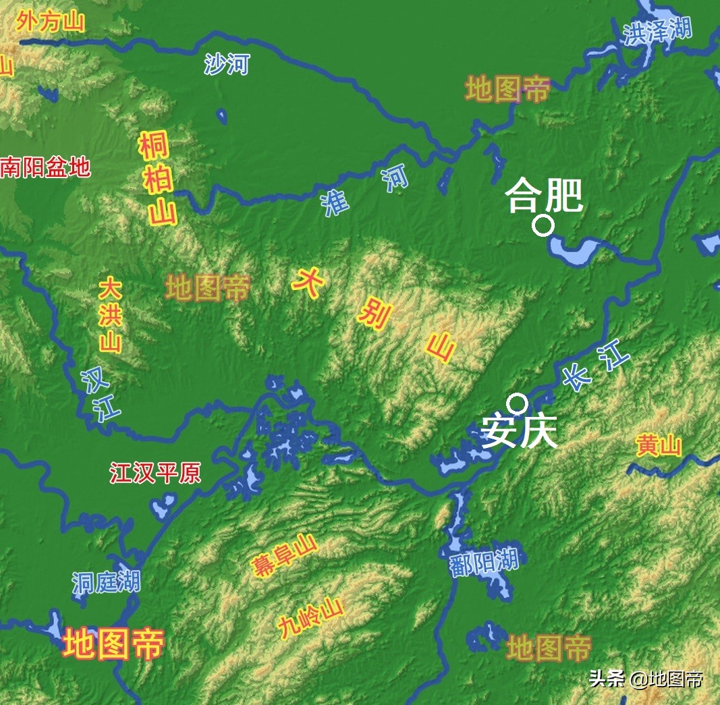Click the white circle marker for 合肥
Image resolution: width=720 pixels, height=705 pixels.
tap(543, 225)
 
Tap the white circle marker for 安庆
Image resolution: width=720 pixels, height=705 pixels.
tap(518, 403)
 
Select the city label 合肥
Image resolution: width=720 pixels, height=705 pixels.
tap(544, 195)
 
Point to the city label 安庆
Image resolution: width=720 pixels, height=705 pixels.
tap(520, 432)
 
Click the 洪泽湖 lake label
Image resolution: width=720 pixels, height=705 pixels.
tap(657, 32)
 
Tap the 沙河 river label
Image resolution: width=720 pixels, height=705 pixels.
tap(227, 65)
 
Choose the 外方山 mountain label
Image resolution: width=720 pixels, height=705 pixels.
tap(51, 22)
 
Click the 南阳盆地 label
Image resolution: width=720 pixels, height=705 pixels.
tap(45, 167)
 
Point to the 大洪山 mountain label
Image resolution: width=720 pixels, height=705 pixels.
tap(110, 314)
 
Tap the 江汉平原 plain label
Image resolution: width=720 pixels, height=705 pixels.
tap(155, 473)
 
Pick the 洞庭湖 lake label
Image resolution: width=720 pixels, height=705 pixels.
tap(106, 582)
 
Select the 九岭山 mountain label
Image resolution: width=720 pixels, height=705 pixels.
tap(311, 618)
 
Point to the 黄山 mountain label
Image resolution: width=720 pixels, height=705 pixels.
tap(659, 446)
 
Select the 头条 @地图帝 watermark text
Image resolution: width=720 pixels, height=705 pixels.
tap(646, 678)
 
